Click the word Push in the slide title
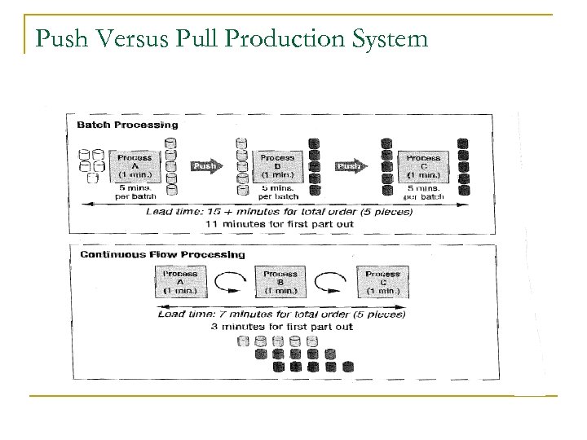click(x=54, y=39)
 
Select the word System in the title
click(x=386, y=39)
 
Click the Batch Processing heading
click(x=127, y=125)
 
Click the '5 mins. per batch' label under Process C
click(x=424, y=192)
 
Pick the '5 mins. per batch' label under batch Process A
click(x=135, y=192)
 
